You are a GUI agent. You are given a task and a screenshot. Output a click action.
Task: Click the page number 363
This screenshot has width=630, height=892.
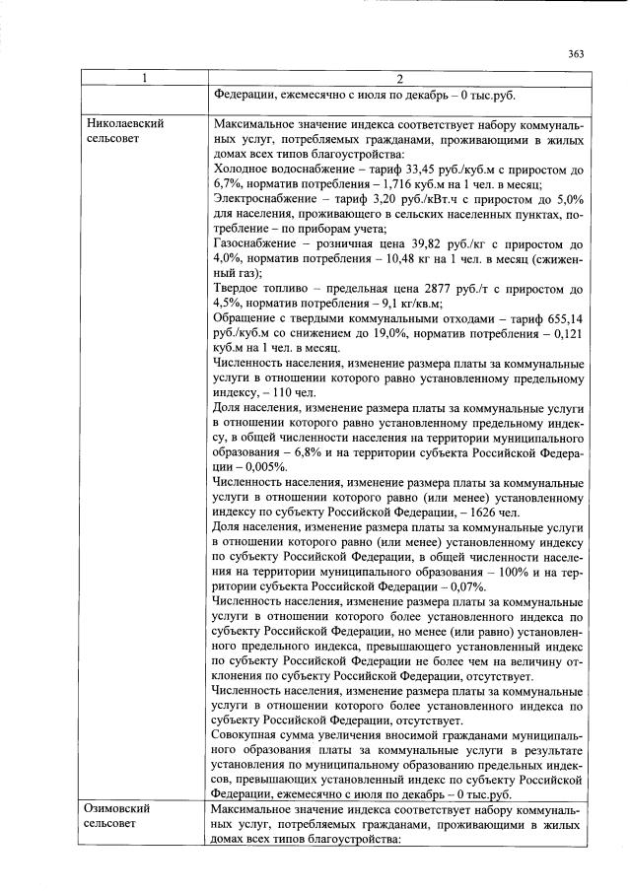pyautogui.click(x=577, y=54)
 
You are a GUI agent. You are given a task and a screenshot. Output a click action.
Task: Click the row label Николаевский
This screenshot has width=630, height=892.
pyautogui.click(x=124, y=124)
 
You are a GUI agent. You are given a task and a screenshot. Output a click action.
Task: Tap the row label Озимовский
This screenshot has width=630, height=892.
pyautogui.click(x=120, y=808)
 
